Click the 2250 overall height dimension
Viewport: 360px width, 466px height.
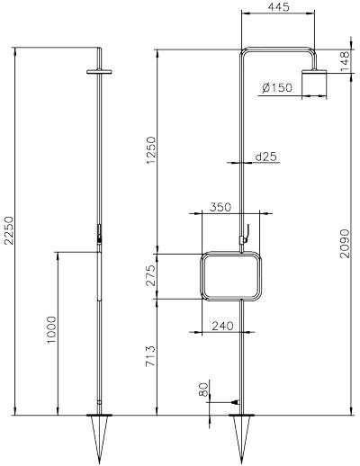(9, 230)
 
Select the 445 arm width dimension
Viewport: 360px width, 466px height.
(279, 7)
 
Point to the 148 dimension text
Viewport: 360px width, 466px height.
(346, 61)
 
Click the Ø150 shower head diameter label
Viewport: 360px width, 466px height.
(276, 87)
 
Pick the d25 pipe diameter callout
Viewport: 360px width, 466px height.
(265, 157)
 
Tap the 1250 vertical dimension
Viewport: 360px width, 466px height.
(151, 150)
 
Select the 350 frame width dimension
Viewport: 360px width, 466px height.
(220, 207)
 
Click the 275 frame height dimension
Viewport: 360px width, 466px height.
(151, 275)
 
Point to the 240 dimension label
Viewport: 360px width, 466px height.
(222, 326)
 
